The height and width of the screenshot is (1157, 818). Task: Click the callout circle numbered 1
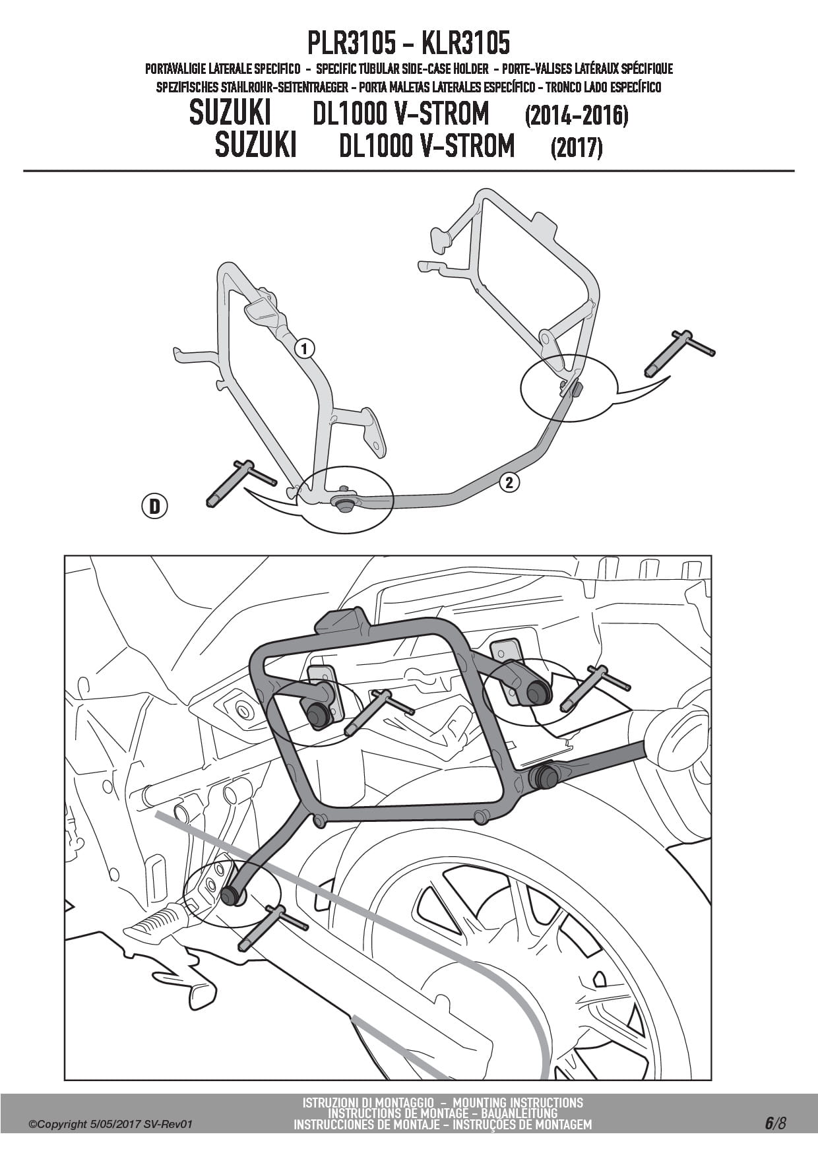coord(304,348)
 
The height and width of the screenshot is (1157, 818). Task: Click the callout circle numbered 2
coord(509,482)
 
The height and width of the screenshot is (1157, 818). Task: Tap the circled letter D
coord(154,506)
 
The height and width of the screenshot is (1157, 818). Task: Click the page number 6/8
coord(776,1123)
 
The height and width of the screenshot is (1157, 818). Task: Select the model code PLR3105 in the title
coord(352,44)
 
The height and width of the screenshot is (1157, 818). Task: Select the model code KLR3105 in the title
coord(465,44)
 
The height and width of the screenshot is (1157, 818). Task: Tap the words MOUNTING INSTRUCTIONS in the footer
coord(519,1102)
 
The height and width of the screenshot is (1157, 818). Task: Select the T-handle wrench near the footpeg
coord(272,927)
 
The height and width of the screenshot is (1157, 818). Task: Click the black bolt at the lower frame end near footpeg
coord(231,895)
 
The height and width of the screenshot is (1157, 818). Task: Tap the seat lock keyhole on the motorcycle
coord(244,711)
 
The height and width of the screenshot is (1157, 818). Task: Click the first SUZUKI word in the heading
coord(230,114)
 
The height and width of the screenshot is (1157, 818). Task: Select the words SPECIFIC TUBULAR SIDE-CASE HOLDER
coord(402,69)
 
